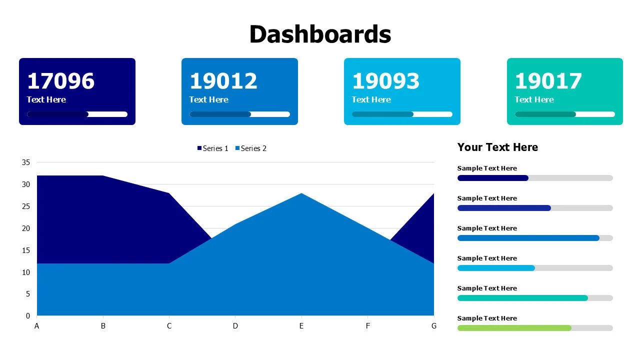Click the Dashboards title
(x=320, y=34)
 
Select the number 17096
(x=60, y=81)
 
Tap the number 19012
(x=223, y=81)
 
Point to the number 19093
(x=386, y=81)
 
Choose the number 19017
(x=548, y=81)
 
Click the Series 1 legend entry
(x=213, y=148)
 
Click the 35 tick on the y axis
(x=26, y=162)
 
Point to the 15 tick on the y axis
(x=26, y=250)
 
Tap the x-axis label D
(x=235, y=326)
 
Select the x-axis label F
(x=368, y=326)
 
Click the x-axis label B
(x=103, y=326)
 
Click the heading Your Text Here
(x=497, y=147)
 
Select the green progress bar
(x=514, y=328)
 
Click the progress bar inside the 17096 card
(x=77, y=114)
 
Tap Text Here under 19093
(x=371, y=99)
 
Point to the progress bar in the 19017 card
(x=565, y=114)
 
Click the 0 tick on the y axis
(x=28, y=315)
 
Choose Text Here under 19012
(x=208, y=99)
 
